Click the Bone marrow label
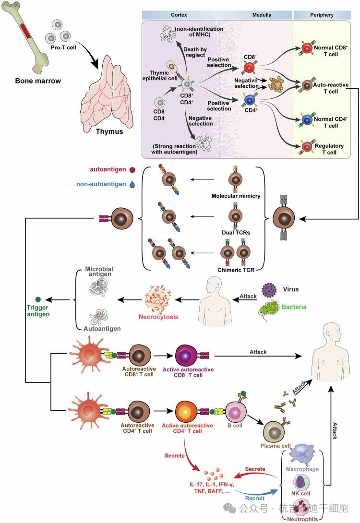37,81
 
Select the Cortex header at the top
179,15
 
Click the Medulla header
262,15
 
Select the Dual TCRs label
235,232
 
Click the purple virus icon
270,290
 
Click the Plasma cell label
276,446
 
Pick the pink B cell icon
236,411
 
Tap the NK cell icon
301,482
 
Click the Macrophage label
301,469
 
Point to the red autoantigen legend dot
132,169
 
